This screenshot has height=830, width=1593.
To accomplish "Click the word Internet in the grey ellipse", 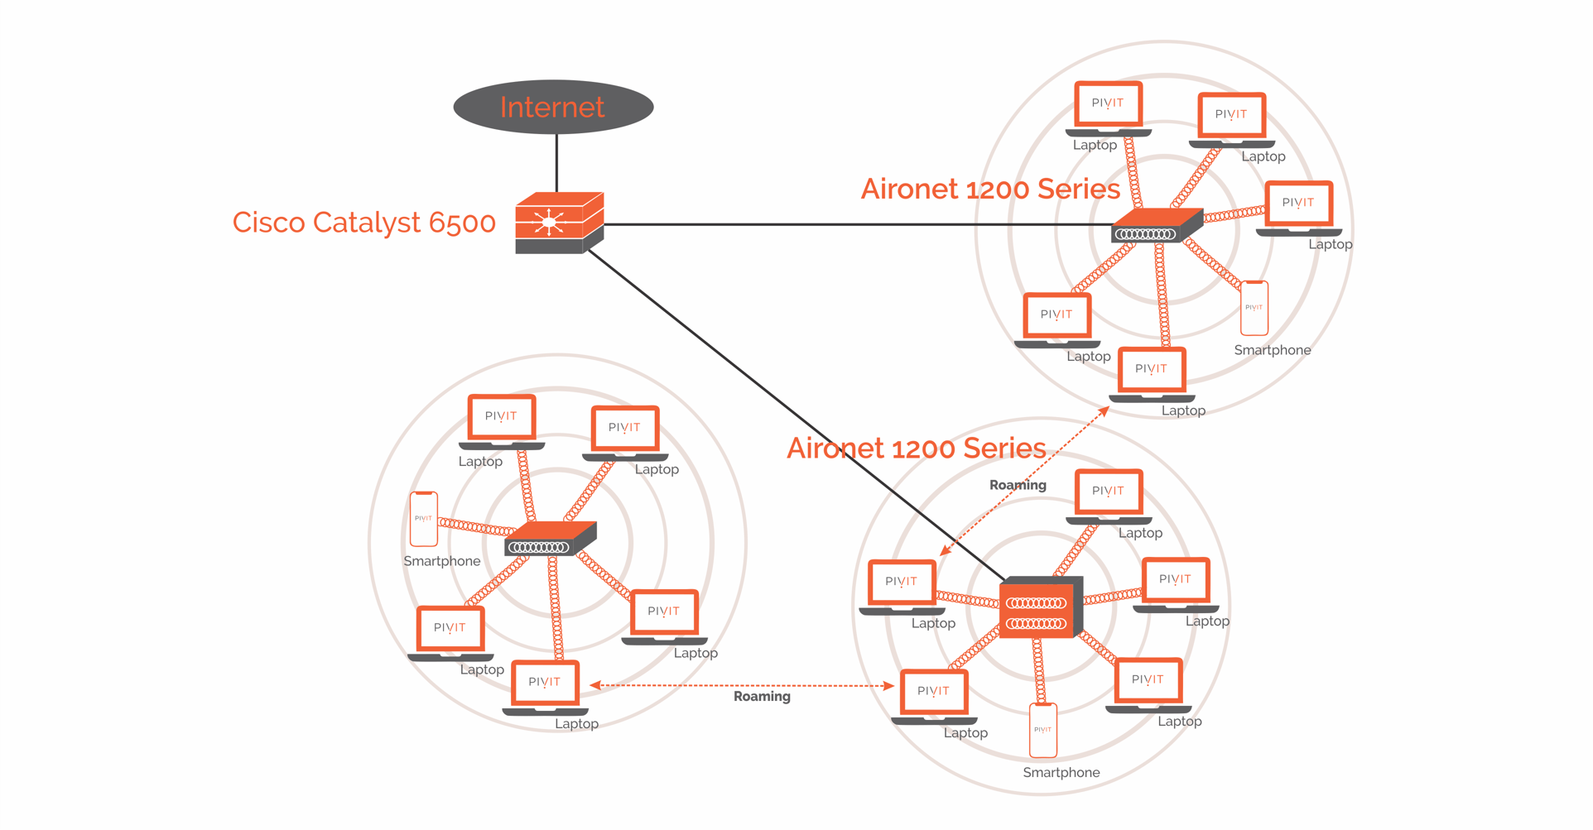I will click(x=552, y=108).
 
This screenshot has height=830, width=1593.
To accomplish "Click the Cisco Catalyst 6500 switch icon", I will click(x=558, y=223).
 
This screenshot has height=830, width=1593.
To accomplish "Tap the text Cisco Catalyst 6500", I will click(x=363, y=223).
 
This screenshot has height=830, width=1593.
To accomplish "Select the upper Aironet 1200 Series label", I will click(x=990, y=190).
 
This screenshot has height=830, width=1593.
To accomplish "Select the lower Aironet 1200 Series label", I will click(x=916, y=449).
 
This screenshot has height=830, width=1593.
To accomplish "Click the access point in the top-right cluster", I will click(x=1155, y=227).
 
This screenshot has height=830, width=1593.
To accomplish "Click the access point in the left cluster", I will click(x=549, y=540).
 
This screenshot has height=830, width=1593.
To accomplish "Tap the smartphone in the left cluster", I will click(x=424, y=519).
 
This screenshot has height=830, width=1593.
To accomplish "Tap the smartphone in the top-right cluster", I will click(x=1254, y=308).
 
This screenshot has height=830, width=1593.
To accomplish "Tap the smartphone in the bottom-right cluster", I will click(x=1042, y=730).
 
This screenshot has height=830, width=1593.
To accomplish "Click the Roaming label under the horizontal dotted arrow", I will click(x=762, y=697).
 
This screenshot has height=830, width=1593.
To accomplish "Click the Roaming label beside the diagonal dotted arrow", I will click(x=1018, y=485).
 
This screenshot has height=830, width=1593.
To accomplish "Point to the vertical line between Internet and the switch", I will click(x=556, y=163).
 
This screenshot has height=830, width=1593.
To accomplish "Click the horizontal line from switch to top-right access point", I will click(x=853, y=224).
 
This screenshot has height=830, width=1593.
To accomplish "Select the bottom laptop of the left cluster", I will click(x=545, y=688).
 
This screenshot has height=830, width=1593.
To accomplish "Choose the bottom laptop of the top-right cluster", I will click(x=1152, y=375).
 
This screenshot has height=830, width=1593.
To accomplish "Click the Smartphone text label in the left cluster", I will click(x=441, y=561).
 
